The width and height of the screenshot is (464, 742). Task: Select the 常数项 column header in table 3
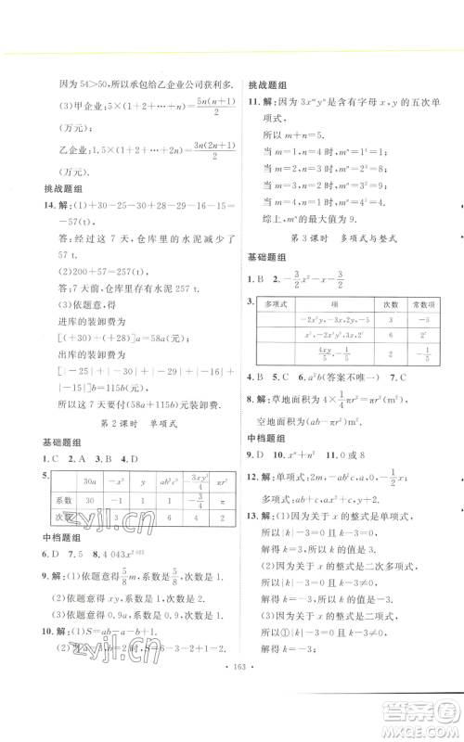point(421,304)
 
